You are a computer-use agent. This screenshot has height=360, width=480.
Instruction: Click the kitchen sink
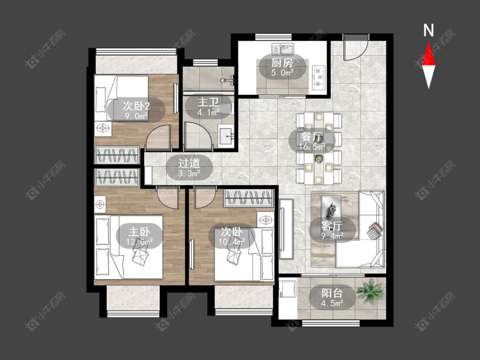[282, 49]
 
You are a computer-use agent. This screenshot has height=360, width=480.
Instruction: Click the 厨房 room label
[282, 63]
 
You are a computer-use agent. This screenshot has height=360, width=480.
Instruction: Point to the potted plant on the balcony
[369, 291]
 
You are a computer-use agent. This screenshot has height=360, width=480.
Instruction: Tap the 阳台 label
[332, 293]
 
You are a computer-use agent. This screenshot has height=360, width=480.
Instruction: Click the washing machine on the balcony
[288, 289]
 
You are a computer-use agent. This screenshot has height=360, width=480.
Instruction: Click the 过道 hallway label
[189, 163]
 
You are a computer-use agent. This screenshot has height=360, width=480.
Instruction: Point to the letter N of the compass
[428, 30]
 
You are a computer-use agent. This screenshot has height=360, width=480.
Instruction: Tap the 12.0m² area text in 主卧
[139, 242]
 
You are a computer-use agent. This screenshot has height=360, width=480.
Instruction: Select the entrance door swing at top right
[355, 47]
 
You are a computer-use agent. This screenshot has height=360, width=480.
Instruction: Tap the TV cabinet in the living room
[286, 229]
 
